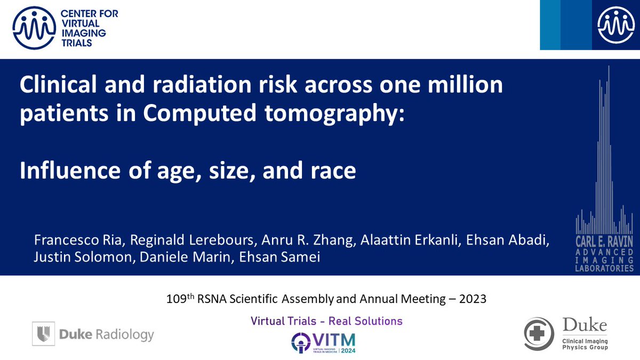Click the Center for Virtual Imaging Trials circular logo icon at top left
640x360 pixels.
[33, 27]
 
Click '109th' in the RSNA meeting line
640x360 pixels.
[178, 299]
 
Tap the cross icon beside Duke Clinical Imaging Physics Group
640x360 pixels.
[537, 334]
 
